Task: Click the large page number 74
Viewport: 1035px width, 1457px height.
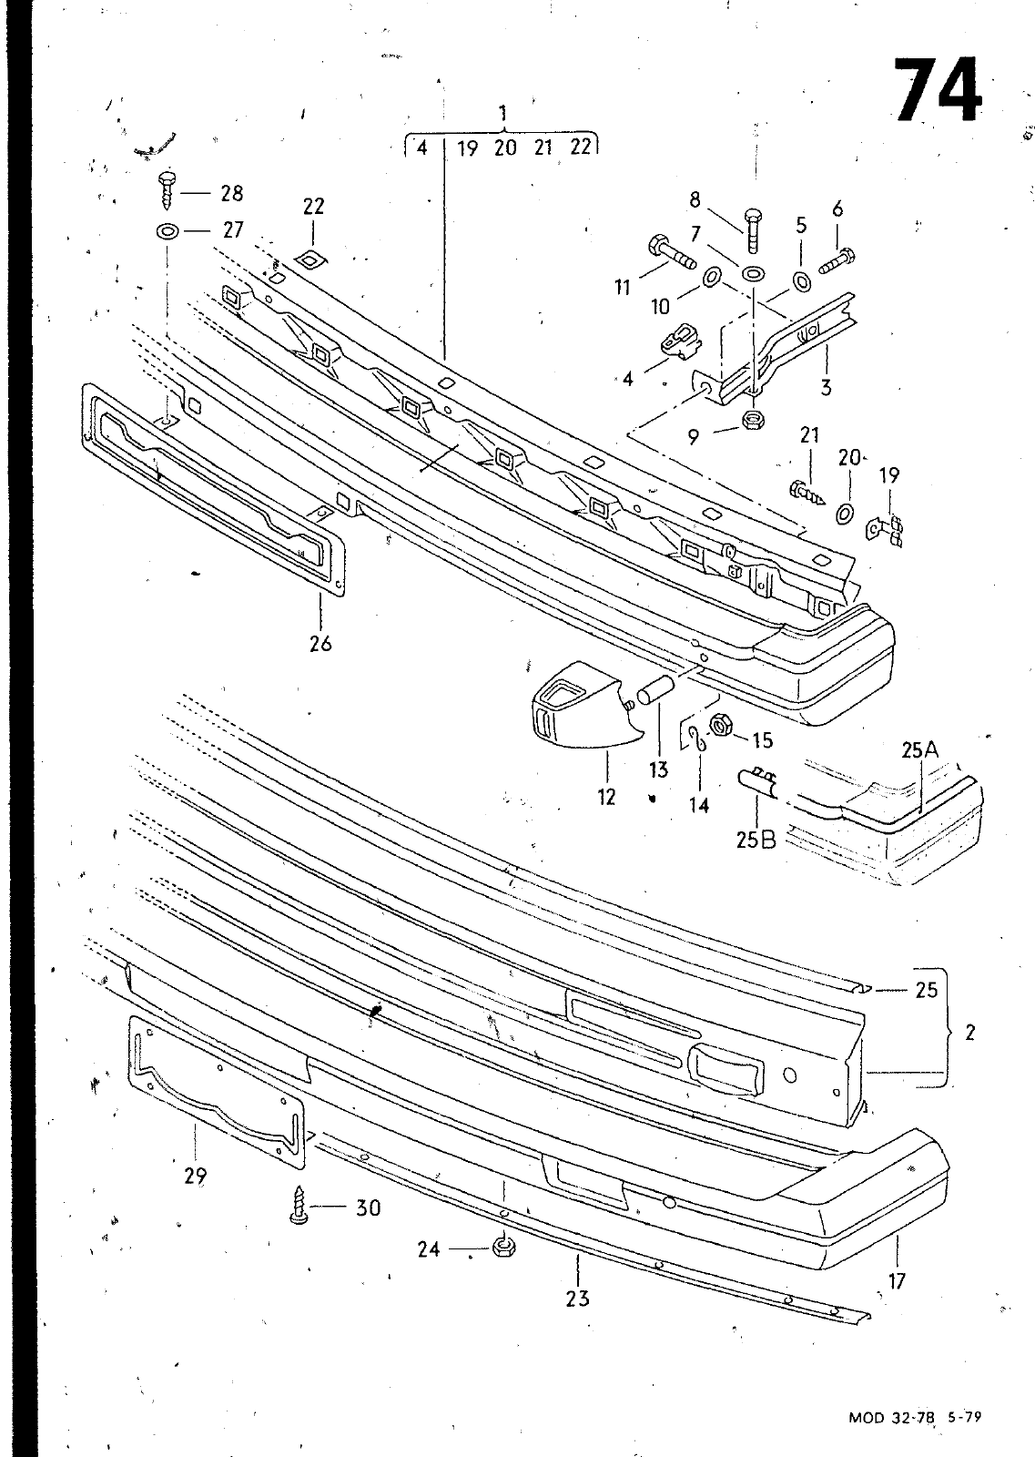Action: pos(939,90)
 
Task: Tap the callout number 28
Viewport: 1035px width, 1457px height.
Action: pos(231,193)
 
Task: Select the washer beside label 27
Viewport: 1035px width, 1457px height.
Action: pos(167,231)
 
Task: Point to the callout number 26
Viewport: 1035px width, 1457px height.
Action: pos(320,643)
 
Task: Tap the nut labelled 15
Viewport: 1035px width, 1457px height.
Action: pos(721,725)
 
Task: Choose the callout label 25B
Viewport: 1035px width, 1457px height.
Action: pos(756,841)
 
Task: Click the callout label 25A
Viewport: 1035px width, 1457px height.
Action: pos(920,750)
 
